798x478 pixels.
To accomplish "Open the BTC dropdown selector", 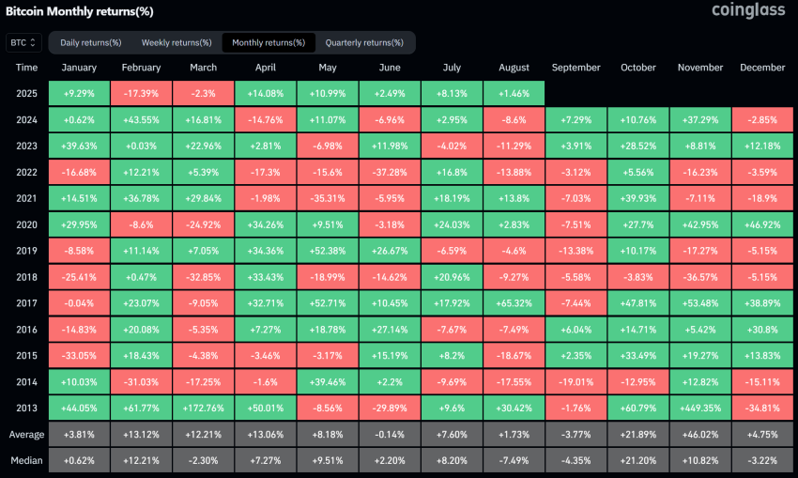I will (23, 42).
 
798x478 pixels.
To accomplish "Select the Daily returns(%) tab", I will (91, 42).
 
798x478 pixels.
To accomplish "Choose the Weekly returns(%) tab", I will (176, 42).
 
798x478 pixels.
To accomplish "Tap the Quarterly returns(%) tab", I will (363, 42).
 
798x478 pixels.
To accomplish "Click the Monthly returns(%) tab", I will (269, 42).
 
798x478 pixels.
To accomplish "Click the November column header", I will (700, 68).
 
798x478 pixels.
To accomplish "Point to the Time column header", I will (27, 68).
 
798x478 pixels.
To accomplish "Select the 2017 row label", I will (27, 304).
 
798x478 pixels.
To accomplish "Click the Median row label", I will (27, 462).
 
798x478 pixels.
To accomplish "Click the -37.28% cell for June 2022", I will (390, 173).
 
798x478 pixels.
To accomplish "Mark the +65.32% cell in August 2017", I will (514, 304).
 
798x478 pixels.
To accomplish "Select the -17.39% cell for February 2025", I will (141, 94).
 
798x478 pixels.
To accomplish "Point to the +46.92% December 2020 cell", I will (762, 225).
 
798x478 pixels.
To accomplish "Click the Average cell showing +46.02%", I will (700, 436).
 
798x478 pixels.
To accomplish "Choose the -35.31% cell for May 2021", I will (328, 199).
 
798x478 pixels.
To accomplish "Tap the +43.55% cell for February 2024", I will (141, 120).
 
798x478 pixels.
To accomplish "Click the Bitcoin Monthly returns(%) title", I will (80, 11).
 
